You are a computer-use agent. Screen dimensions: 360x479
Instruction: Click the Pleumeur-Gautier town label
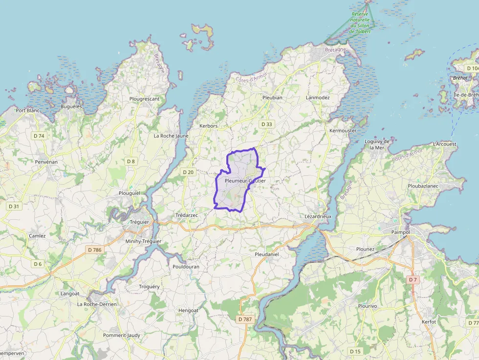coord(245,181)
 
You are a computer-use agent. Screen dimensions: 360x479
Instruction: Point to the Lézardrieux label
coord(318,216)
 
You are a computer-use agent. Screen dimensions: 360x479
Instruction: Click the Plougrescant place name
coord(144,99)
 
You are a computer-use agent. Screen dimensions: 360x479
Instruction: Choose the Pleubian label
coord(272,97)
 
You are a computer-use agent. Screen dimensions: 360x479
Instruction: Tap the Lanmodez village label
coord(318,97)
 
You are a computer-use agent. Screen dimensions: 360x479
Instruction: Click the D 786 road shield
coord(95,250)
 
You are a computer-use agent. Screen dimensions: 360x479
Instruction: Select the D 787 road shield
coord(245,319)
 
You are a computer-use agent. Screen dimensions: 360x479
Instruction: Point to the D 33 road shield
coord(266,124)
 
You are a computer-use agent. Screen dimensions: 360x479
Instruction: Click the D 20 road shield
coord(188,172)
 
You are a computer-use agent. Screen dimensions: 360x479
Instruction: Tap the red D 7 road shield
coord(413,279)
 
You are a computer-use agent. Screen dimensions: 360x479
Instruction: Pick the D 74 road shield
coord(39,136)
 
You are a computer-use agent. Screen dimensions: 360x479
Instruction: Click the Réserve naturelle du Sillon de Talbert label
coord(360,22)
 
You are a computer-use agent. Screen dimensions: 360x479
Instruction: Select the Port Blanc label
coord(27,110)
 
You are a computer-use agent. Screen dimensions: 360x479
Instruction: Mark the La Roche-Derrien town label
coord(98,304)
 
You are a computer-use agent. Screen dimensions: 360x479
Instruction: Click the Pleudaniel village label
coord(267,254)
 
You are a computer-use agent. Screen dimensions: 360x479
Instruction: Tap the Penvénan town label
coord(46,161)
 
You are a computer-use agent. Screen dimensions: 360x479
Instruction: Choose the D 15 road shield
coord(355,351)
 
